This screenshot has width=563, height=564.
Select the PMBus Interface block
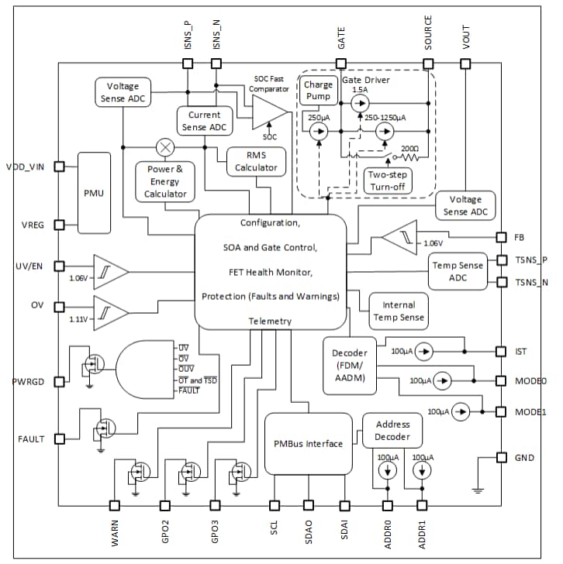(308, 444)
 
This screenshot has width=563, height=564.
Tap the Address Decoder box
(392, 430)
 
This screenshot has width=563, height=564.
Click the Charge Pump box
(319, 91)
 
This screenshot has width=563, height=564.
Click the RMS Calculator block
(256, 161)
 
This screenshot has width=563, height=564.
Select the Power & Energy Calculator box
(165, 181)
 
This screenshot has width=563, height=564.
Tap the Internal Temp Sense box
(399, 311)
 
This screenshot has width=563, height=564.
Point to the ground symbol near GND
(478, 489)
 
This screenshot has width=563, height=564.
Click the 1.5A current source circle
(359, 101)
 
